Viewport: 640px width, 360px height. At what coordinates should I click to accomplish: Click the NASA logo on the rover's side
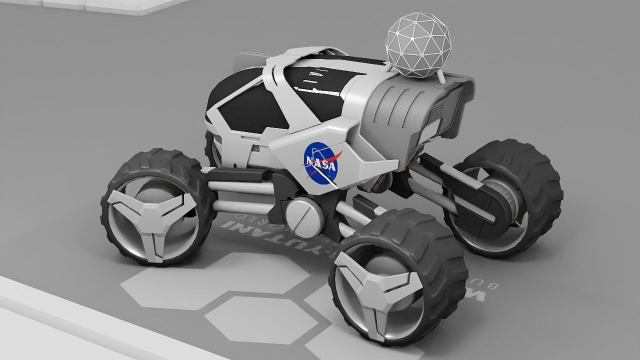pos(320,163)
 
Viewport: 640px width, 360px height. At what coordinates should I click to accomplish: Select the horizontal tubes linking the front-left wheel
pos(240,195)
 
